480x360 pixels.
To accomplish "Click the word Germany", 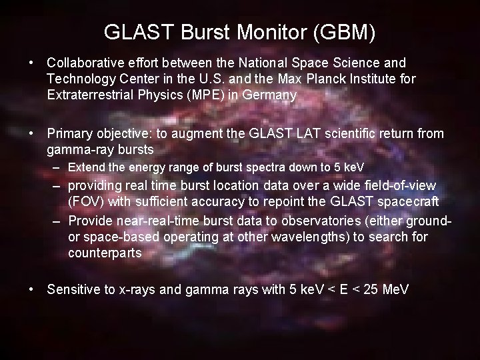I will pos(270,95).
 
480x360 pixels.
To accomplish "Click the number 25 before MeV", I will pos(375,289).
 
